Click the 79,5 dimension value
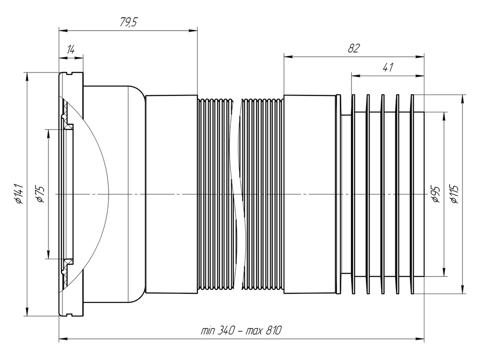(x=127, y=23)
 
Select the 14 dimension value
(x=71, y=49)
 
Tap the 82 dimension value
(x=354, y=48)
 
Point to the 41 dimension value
(x=388, y=67)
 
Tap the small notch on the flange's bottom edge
(x=70, y=315)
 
